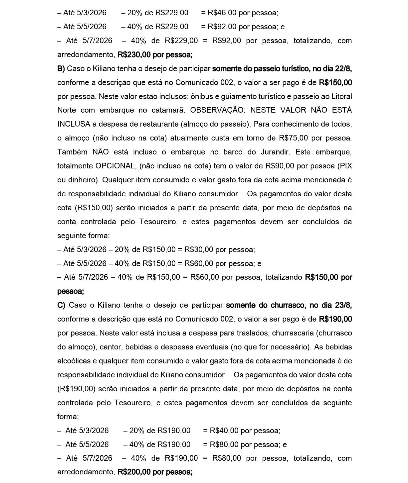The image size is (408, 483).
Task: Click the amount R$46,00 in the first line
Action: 222,13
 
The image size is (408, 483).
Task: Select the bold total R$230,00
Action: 135,55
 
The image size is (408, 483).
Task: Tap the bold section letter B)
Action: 61,69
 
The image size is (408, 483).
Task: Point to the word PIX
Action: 346,166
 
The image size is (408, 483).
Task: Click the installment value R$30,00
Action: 199,250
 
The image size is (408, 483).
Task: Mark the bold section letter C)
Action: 61,305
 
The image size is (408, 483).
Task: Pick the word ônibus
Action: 203,97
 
